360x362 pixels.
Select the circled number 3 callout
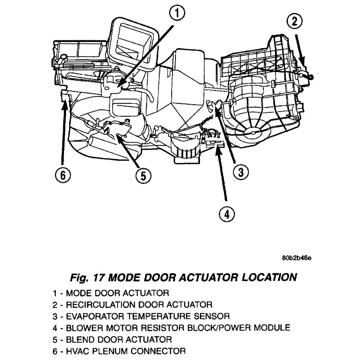click(x=240, y=172)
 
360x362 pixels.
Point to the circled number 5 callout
click(x=143, y=175)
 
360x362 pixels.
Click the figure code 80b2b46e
click(x=296, y=258)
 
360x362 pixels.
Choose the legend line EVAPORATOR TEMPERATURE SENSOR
click(x=142, y=317)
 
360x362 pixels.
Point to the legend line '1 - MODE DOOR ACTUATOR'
click(x=111, y=293)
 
